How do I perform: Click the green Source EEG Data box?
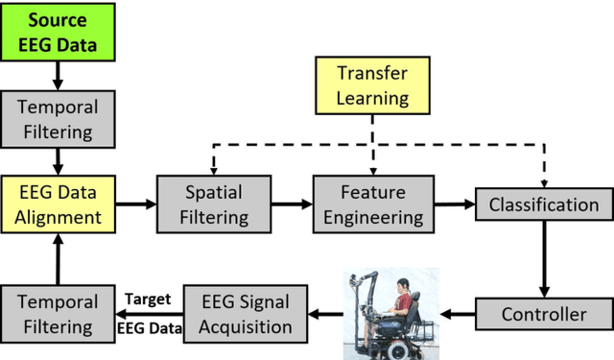click(58, 31)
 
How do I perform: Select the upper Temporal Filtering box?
click(58, 120)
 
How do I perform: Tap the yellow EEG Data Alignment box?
click(58, 204)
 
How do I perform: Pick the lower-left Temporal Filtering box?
click(58, 313)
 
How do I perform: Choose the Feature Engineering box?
click(370, 204)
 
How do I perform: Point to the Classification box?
click(544, 204)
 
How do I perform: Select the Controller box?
click(544, 314)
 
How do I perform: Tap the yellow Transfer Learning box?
click(370, 84)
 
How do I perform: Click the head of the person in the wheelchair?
click(404, 283)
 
